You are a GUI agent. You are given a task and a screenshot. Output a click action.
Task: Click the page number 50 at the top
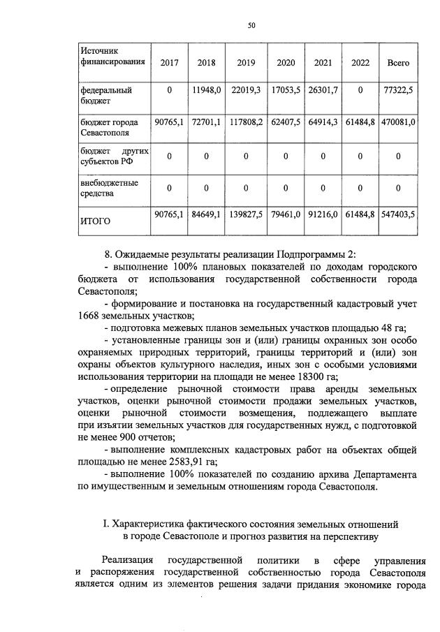(x=251, y=25)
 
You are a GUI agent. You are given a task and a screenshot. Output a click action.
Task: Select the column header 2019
(x=247, y=63)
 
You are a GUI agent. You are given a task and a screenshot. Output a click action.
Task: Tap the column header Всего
(x=398, y=63)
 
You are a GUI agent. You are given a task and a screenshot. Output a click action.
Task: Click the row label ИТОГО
(x=96, y=221)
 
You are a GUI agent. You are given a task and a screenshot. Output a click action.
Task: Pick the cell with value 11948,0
(x=207, y=90)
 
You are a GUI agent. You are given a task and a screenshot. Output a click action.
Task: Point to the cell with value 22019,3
(x=247, y=90)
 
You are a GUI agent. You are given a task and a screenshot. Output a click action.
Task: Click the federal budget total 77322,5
(x=398, y=90)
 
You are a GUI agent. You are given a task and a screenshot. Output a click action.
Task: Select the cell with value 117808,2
(x=247, y=122)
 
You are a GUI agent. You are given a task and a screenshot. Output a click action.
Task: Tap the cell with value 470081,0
(x=398, y=122)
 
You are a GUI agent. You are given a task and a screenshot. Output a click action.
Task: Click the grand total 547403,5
(x=398, y=216)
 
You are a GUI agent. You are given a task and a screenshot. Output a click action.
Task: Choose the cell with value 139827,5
(x=247, y=216)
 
